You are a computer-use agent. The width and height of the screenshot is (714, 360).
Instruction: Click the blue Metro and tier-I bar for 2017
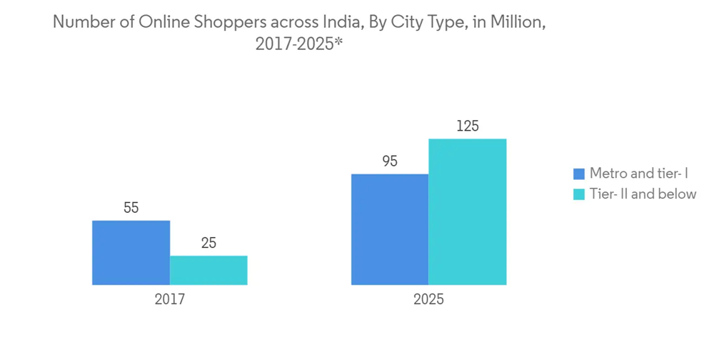(131, 253)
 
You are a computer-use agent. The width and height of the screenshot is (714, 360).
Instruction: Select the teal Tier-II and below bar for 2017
(208, 271)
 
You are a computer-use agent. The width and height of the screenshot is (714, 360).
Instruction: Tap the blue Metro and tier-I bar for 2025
(390, 229)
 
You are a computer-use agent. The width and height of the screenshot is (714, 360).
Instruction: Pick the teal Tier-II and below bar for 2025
(468, 212)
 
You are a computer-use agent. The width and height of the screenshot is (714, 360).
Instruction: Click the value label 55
(131, 209)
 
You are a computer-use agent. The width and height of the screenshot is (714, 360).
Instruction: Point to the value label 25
(208, 244)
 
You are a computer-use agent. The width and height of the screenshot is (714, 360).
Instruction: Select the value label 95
(390, 161)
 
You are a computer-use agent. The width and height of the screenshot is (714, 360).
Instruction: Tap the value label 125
(468, 126)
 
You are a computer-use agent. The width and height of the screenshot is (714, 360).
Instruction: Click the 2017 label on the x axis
(170, 299)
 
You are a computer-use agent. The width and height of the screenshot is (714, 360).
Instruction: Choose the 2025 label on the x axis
(428, 299)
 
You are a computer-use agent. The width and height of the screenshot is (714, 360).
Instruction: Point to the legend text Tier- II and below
(643, 194)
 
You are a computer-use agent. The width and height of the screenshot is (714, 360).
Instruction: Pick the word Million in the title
(520, 23)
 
